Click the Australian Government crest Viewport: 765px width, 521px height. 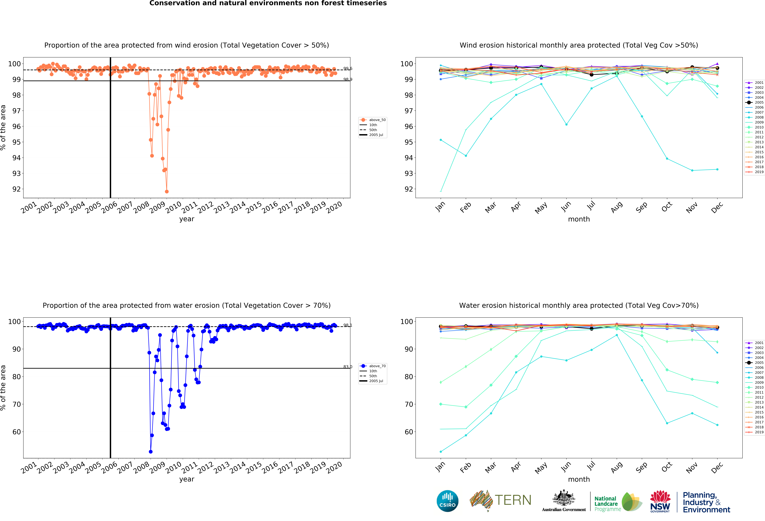click(564, 498)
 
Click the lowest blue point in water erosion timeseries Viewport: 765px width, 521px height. click(150, 452)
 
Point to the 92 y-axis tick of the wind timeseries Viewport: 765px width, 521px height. click(16, 189)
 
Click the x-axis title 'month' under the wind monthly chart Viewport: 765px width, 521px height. click(579, 219)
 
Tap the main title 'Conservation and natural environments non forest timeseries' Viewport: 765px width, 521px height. click(268, 3)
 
